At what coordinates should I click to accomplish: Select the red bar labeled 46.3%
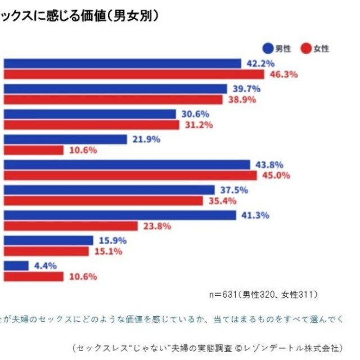pyautogui.click(x=134, y=74)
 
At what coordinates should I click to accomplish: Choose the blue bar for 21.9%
pyautogui.click(x=65, y=139)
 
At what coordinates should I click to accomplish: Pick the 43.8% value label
pyautogui.click(x=268, y=165)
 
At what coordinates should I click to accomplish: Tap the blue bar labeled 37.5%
pyautogui.click(x=109, y=190)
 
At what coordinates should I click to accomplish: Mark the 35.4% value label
pyautogui.click(x=220, y=201)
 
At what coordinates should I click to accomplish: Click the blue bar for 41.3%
pyautogui.click(x=120, y=215)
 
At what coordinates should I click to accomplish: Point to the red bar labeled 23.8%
pyautogui.click(x=70, y=226)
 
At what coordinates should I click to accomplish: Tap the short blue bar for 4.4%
pyautogui.click(x=16, y=266)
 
